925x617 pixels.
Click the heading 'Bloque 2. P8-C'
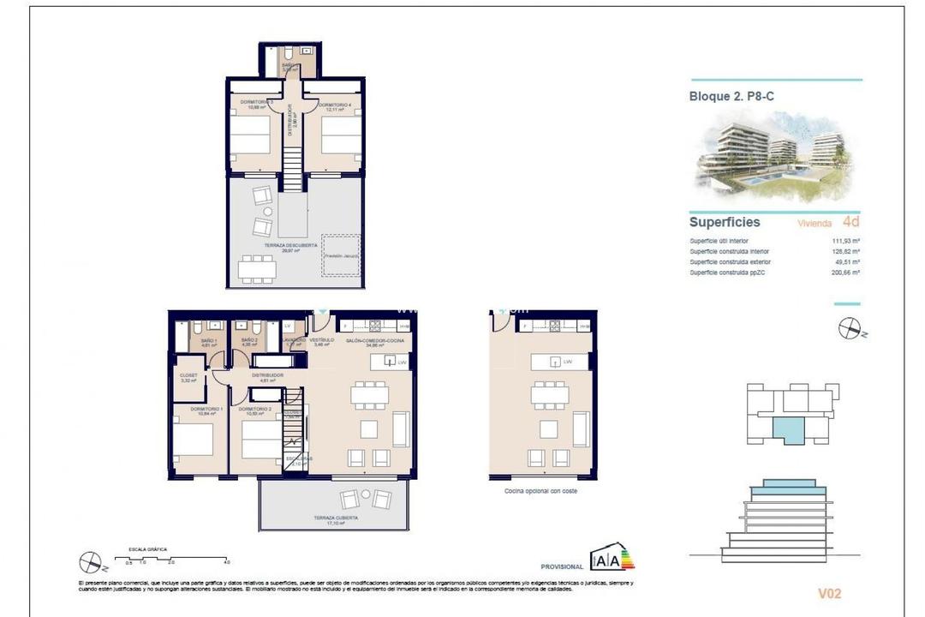(731, 97)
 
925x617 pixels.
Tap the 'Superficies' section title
(725, 222)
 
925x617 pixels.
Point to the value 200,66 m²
(845, 272)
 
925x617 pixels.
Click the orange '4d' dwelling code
(850, 222)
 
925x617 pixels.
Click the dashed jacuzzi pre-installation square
(340, 255)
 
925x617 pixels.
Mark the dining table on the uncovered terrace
(258, 268)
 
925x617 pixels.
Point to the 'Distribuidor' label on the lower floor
(267, 375)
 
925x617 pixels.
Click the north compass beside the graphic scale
(90, 562)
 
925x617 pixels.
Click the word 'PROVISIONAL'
(562, 566)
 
